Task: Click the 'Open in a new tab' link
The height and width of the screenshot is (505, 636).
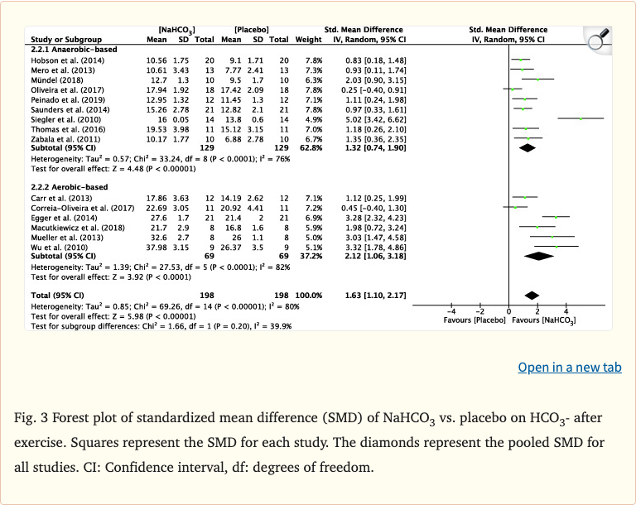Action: click(569, 367)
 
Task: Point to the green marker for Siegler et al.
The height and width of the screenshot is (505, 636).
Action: click(581, 118)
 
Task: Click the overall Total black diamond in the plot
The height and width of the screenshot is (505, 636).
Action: click(532, 295)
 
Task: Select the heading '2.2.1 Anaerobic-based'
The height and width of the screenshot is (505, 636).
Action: click(63, 49)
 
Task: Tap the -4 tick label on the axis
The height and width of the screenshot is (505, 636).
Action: click(451, 310)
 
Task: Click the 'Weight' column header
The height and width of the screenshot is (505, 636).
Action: click(308, 39)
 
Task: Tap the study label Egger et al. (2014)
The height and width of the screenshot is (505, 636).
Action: click(59, 216)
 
